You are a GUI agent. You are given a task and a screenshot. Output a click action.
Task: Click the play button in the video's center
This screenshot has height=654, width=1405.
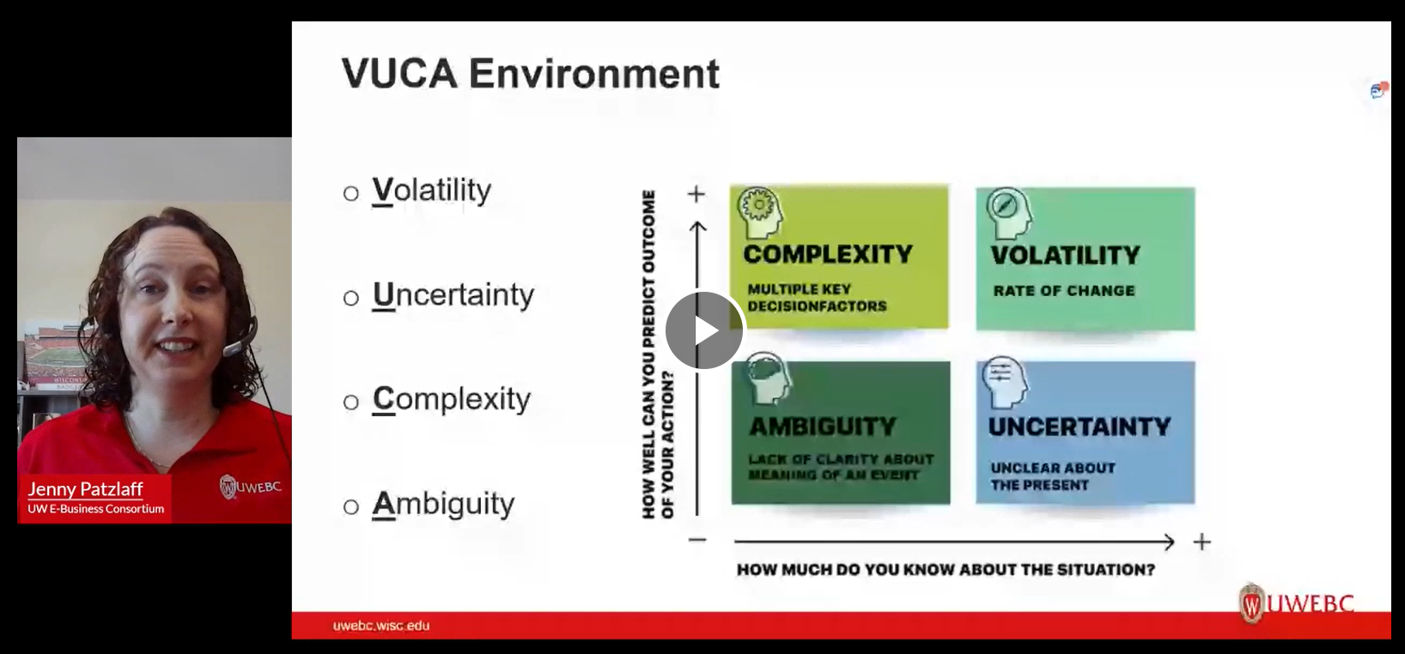click(704, 330)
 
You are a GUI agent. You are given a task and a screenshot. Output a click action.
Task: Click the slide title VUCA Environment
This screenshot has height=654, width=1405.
click(530, 73)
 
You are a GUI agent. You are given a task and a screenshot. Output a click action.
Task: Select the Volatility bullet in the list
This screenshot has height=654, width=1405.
click(431, 191)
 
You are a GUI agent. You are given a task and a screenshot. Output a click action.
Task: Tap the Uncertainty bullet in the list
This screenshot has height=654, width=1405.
click(453, 295)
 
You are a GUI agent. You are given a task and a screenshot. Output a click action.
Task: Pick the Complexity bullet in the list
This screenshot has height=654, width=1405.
click(451, 400)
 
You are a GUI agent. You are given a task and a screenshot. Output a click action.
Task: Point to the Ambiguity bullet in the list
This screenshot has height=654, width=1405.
click(443, 505)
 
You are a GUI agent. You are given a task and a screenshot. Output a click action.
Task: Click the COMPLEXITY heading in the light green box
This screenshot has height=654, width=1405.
click(828, 254)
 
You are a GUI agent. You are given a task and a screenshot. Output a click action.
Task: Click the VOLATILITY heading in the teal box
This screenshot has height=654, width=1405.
click(1065, 256)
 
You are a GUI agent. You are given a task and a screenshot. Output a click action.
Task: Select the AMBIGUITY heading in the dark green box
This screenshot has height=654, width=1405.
click(822, 427)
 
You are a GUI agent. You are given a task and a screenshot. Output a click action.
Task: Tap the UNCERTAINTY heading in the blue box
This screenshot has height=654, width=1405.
click(1080, 427)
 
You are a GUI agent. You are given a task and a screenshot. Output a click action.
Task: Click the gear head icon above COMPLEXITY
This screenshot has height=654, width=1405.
click(760, 212)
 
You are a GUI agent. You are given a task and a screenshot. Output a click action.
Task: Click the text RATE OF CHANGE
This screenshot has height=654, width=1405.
click(1064, 291)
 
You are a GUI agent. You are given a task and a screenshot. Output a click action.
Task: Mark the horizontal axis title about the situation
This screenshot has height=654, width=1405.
click(946, 570)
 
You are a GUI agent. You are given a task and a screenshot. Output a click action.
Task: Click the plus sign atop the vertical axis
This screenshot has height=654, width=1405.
click(696, 194)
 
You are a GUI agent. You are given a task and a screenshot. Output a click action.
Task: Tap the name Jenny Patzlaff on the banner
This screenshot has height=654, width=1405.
click(85, 489)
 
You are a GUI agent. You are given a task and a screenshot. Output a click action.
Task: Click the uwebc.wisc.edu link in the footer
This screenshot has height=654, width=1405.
click(380, 626)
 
